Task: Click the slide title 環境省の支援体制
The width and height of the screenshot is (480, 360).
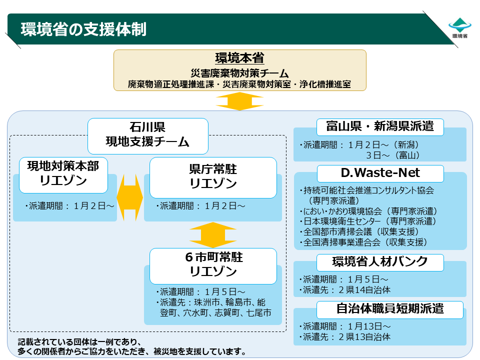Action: tap(83, 29)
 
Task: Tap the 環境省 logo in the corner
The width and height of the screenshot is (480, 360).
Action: tap(460, 28)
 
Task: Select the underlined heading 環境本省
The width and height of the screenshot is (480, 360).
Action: tap(239, 58)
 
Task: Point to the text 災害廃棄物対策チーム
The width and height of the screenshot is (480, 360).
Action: tap(239, 73)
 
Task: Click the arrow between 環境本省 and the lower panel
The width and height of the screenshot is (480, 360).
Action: tap(239, 101)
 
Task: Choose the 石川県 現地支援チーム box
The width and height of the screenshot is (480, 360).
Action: tap(148, 136)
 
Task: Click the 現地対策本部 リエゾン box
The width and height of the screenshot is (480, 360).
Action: tap(63, 175)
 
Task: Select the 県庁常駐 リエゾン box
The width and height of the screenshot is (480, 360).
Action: tap(213, 177)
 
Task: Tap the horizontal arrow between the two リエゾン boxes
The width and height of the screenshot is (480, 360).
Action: tap(130, 198)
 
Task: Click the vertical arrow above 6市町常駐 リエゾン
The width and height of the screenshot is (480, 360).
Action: tap(213, 235)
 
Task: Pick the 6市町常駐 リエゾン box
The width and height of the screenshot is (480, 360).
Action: tap(213, 266)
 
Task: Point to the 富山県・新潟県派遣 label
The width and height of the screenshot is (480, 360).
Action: tap(380, 126)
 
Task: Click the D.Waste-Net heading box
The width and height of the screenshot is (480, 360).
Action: tap(380, 173)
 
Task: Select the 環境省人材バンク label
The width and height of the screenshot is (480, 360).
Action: tap(380, 262)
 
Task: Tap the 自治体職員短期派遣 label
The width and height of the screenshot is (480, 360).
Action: tap(389, 309)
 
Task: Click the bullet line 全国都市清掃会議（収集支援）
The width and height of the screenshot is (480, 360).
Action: tap(359, 231)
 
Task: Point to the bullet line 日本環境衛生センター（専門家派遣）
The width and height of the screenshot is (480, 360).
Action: tap(368, 221)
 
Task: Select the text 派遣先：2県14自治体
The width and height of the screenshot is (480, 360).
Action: tap(345, 290)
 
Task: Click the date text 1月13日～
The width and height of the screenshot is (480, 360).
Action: tap(369, 326)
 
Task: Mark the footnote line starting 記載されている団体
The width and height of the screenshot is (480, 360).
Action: tap(79, 341)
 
